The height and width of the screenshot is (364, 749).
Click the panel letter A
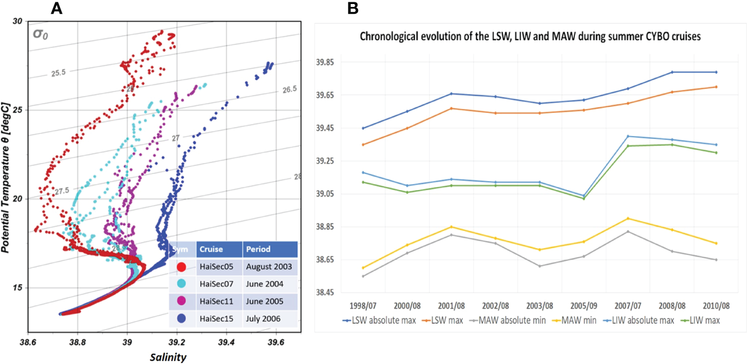coord(57,8)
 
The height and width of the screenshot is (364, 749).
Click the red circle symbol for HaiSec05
coord(181,267)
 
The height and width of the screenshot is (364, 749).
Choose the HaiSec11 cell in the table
coord(215,301)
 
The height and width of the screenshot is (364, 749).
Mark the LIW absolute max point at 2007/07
coord(627,136)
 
